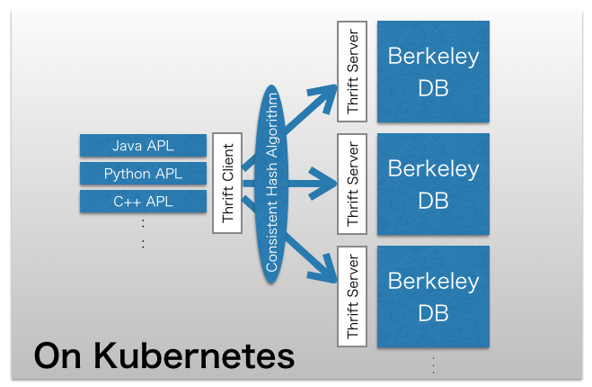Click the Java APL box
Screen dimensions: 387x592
pyautogui.click(x=144, y=146)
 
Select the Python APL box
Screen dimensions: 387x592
pyautogui.click(x=144, y=174)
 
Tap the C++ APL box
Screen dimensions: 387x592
pyautogui.click(x=144, y=202)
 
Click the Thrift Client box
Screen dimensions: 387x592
pyautogui.click(x=228, y=183)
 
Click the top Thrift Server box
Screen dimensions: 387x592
pyautogui.click(x=351, y=69)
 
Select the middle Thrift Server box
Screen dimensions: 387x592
pyautogui.click(x=351, y=184)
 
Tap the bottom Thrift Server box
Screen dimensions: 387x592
pyautogui.click(x=351, y=294)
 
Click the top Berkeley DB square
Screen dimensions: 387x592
pyautogui.click(x=433, y=71)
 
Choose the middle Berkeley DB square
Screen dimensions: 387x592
pyautogui.click(x=433, y=184)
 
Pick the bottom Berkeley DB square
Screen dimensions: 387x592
pyautogui.click(x=433, y=296)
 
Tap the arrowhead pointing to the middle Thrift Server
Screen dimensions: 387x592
pyautogui.click(x=326, y=188)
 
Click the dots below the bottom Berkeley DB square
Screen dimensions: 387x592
pyautogui.click(x=433, y=365)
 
